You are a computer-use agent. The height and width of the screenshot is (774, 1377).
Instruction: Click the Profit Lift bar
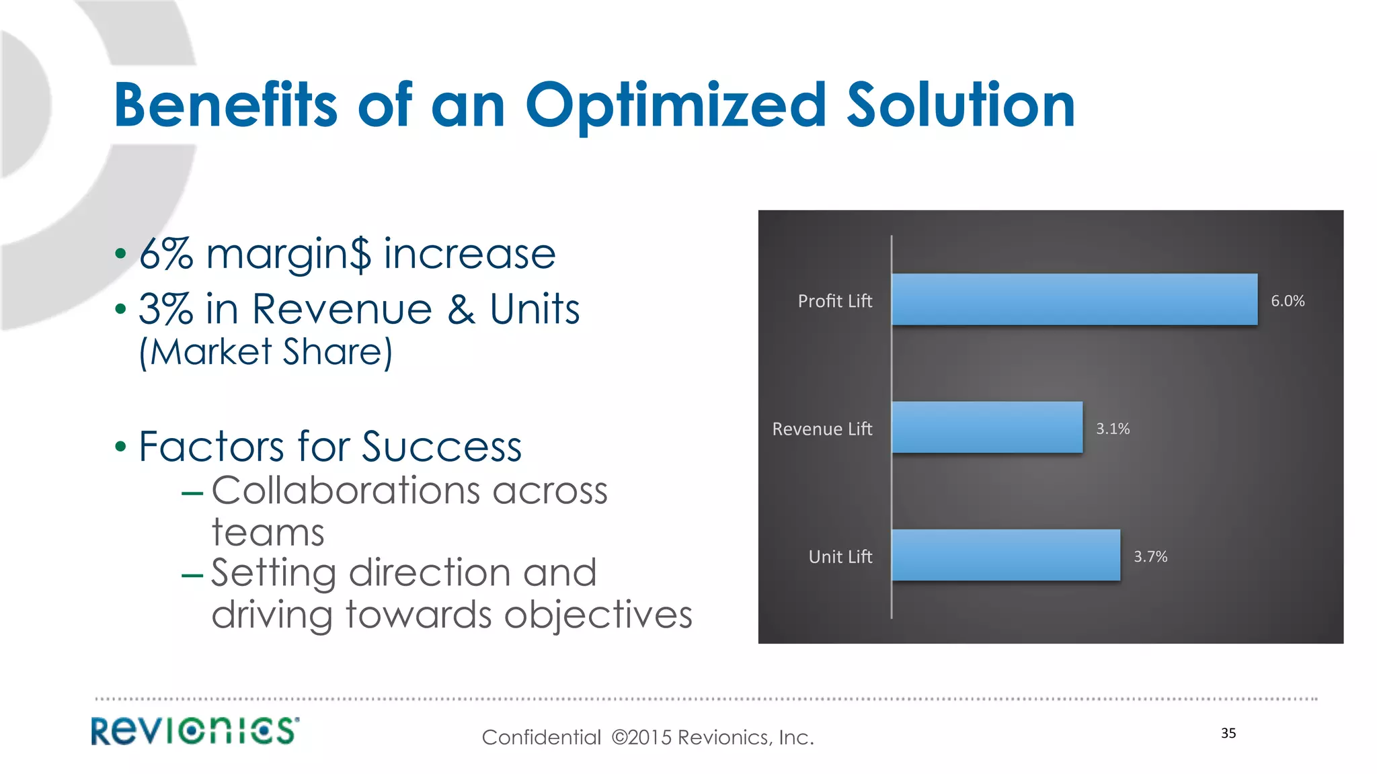1074,300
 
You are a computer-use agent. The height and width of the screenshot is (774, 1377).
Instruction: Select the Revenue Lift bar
987,427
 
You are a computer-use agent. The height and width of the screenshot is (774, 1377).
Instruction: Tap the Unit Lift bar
1006,555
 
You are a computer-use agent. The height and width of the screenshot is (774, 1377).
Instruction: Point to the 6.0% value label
1287,301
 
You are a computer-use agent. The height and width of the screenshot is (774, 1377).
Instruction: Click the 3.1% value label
1113,429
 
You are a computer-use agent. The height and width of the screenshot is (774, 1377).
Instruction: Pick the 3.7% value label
1150,556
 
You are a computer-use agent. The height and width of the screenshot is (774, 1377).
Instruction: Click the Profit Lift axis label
834,301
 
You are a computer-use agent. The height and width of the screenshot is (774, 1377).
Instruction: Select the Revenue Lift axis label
822,429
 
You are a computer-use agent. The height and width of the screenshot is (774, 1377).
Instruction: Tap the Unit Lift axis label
840,556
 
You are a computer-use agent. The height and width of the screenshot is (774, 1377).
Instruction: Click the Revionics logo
195,731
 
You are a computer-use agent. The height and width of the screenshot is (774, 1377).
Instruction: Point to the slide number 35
1228,733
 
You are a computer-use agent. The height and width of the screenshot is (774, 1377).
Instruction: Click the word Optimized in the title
675,106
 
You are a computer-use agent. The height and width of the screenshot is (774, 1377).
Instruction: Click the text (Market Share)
266,352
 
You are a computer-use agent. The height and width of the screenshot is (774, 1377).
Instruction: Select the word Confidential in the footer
541,738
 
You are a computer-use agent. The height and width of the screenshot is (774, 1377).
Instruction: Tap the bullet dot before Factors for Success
120,446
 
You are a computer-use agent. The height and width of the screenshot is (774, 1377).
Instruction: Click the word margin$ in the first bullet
288,255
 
